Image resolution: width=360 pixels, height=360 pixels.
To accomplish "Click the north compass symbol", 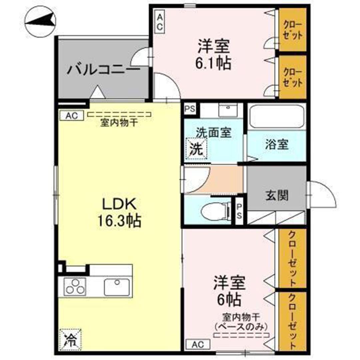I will tap(40, 21).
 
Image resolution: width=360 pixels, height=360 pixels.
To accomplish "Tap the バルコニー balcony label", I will tap(103, 70).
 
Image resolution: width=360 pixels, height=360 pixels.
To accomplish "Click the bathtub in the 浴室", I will tap(276, 116).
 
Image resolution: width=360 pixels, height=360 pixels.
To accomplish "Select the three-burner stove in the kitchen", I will tap(74, 286).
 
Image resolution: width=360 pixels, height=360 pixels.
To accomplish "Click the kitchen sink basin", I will tap(117, 287).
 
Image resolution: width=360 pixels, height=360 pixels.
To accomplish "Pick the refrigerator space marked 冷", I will tap(70, 339).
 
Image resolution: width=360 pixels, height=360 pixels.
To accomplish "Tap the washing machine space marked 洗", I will tap(196, 149).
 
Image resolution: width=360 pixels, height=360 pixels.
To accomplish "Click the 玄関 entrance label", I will tap(277, 195).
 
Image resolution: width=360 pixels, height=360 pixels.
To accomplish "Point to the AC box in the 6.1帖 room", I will tap(160, 22).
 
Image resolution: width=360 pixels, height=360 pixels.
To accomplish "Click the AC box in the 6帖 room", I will tap(198, 344).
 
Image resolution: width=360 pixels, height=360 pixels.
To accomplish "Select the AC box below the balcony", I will tap(71, 116).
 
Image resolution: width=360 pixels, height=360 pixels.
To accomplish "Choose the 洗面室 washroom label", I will tap(213, 133).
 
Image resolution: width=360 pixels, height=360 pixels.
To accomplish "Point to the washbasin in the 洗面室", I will tap(228, 109).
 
